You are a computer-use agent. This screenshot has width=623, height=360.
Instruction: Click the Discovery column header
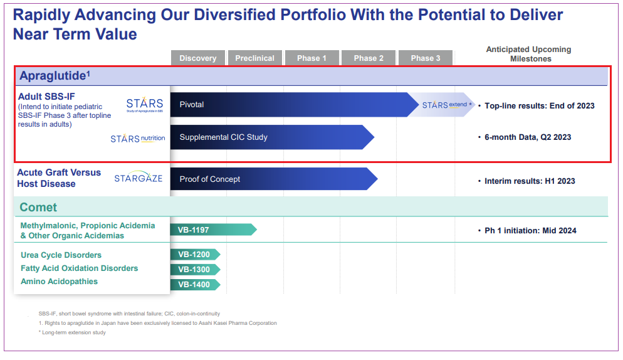coord(197,58)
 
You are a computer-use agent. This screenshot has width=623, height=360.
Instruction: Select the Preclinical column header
coord(254,58)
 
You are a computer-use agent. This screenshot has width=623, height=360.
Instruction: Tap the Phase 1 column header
coord(311,58)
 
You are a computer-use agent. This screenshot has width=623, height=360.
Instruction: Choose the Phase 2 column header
coord(369,58)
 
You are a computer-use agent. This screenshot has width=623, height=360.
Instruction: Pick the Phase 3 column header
coord(426,58)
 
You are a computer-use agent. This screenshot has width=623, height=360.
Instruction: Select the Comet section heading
coord(38,207)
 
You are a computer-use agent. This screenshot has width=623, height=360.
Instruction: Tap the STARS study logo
coord(144,105)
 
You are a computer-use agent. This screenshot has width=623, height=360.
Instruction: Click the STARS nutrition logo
coord(138,138)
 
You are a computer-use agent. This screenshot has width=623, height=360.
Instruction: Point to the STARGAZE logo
coord(138,179)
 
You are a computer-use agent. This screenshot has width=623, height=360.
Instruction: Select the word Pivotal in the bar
coord(192,105)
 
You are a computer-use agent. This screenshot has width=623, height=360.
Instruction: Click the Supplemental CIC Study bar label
coord(223,137)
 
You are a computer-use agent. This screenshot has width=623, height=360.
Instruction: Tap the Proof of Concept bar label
coord(210,179)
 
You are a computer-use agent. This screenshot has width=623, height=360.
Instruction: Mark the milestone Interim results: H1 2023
coord(530,181)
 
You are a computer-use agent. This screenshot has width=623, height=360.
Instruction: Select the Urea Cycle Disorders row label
coord(61,255)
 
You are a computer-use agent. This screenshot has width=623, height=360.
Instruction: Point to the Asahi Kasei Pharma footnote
coord(157,323)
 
